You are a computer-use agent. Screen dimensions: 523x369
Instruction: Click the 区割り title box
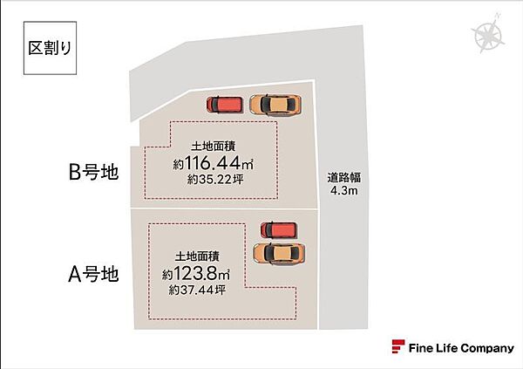[x=50, y=48]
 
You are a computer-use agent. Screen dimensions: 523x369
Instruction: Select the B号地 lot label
[x=93, y=173]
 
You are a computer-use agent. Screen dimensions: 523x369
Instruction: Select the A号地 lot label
[x=93, y=274]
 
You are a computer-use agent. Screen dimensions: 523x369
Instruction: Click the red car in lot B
[x=224, y=105]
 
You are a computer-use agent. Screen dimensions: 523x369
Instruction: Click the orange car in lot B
[x=275, y=105]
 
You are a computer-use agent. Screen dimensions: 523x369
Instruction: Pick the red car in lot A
[x=279, y=230]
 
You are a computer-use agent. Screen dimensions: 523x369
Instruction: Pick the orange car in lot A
[x=279, y=254]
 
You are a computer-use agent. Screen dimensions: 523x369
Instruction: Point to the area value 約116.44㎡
[x=214, y=163]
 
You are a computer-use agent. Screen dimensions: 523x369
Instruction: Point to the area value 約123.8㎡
[x=196, y=274]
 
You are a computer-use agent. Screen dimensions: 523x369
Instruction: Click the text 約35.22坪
[x=215, y=180]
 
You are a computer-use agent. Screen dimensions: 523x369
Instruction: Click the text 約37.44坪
[x=197, y=290]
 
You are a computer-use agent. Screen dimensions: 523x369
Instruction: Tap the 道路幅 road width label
[x=344, y=177]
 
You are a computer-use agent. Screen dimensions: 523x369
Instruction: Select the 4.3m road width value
[x=344, y=191]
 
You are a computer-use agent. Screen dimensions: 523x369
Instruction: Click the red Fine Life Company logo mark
[x=398, y=346]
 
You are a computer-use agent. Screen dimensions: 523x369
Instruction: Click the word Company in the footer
[x=486, y=349]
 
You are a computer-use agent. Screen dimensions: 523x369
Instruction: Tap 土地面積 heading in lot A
[x=197, y=256]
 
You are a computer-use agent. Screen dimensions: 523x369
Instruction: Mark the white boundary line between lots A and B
[x=224, y=209]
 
